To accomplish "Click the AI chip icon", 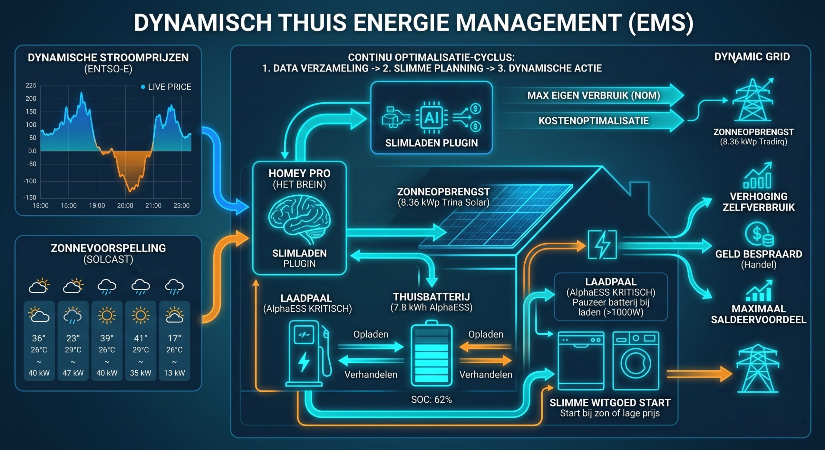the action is pyautogui.click(x=431, y=118).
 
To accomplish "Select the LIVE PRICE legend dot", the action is pyautogui.click(x=143, y=87).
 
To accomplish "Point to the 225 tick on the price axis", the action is pyautogui.click(x=31, y=85).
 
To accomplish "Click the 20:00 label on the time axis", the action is pyautogui.click(x=125, y=206).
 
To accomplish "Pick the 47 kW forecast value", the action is pyautogui.click(x=73, y=373).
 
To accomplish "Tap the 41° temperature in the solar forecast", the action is pyautogui.click(x=141, y=338).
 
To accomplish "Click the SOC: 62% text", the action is pyautogui.click(x=432, y=400).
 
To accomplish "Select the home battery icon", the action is pyautogui.click(x=432, y=353).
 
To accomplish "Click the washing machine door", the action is pyautogui.click(x=636, y=363).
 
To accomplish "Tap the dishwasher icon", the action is pyautogui.click(x=581, y=361).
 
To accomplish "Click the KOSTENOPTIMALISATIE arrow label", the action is pyautogui.click(x=594, y=121).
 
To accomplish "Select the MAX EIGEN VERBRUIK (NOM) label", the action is pyautogui.click(x=594, y=95).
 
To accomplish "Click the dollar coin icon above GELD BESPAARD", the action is pyautogui.click(x=759, y=234).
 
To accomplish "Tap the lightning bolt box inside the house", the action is pyautogui.click(x=602, y=245).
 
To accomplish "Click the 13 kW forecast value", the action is pyautogui.click(x=174, y=373).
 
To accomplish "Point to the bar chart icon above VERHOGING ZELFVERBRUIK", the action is pyautogui.click(x=758, y=175).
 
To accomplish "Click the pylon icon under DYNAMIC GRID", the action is pyautogui.click(x=753, y=100).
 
